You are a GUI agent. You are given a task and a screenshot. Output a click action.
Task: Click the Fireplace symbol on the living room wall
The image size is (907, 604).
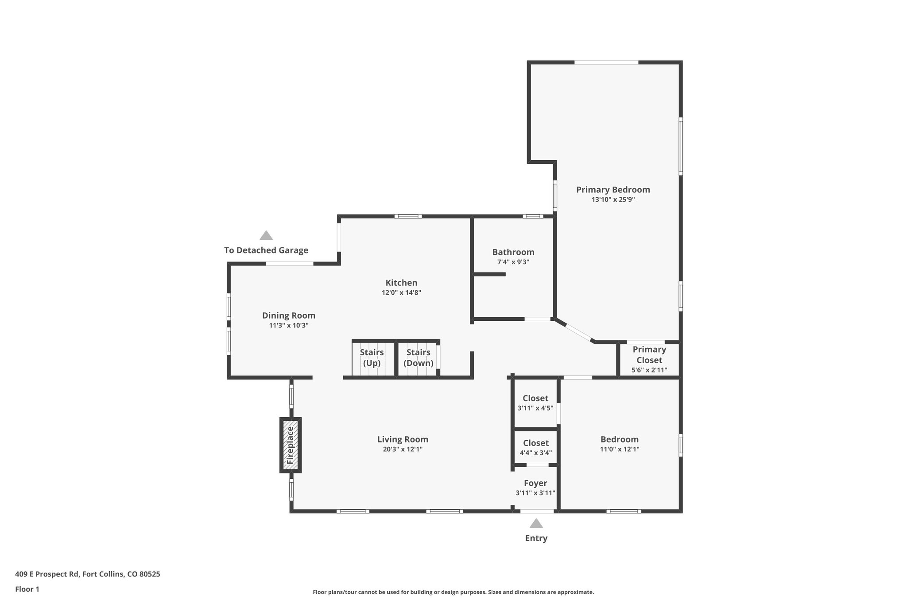click(291, 445)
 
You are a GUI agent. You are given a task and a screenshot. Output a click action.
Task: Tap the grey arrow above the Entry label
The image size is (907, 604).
click(536, 524)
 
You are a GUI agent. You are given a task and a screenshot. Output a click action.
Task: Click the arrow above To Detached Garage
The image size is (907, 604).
click(266, 235)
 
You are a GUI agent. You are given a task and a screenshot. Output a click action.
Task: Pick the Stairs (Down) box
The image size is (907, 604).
click(418, 358)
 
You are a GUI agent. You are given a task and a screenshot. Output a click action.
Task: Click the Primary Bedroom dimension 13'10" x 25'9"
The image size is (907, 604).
click(613, 200)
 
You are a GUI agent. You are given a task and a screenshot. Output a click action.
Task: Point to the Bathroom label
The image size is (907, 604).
click(513, 252)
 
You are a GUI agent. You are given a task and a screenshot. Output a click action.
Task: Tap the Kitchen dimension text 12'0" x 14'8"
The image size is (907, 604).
click(401, 292)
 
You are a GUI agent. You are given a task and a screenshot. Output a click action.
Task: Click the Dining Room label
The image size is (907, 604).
click(288, 315)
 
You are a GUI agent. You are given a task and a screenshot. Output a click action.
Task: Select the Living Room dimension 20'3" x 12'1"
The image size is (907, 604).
click(402, 449)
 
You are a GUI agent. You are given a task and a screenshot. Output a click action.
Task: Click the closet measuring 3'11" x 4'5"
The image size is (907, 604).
click(535, 403)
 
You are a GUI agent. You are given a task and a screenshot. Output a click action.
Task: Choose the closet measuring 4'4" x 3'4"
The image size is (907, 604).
click(535, 447)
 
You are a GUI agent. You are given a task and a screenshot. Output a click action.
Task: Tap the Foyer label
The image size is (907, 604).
click(535, 483)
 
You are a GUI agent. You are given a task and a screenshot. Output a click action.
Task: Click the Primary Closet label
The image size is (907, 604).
click(649, 355)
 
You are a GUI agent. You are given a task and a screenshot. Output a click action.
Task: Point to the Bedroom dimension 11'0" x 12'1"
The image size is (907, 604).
click(619, 449)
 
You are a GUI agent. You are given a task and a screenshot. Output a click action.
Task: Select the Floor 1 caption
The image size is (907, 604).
click(27, 589)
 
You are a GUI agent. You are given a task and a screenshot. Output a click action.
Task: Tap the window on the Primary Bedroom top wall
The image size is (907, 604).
click(606, 62)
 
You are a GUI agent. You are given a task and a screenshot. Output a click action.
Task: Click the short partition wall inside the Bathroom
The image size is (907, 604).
click(489, 274)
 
